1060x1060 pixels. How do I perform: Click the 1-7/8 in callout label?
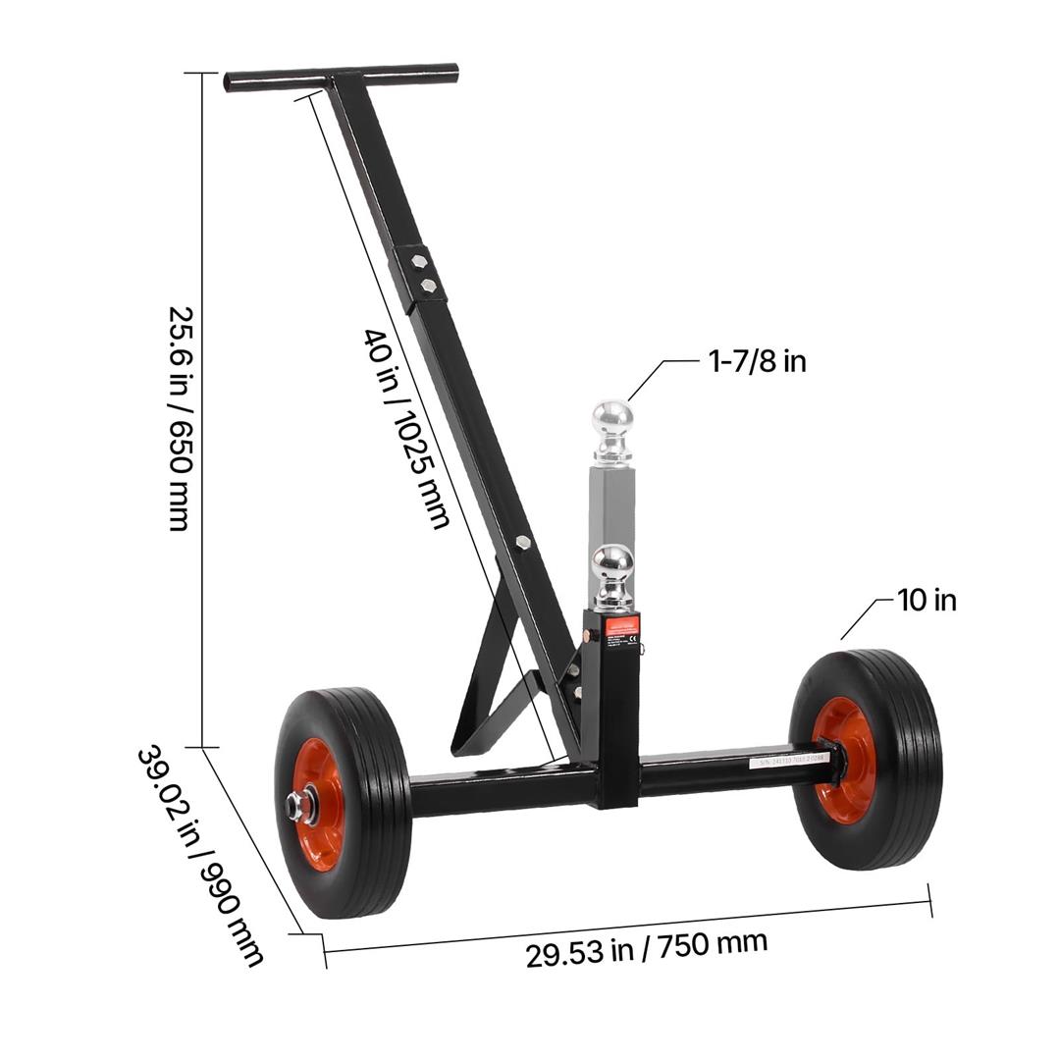[x=757, y=361]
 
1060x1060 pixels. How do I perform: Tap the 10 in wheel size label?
[x=926, y=600]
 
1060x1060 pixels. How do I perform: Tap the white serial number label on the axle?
[x=789, y=759]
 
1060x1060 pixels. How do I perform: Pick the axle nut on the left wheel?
[x=294, y=808]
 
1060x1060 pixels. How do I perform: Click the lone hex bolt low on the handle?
[x=523, y=542]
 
